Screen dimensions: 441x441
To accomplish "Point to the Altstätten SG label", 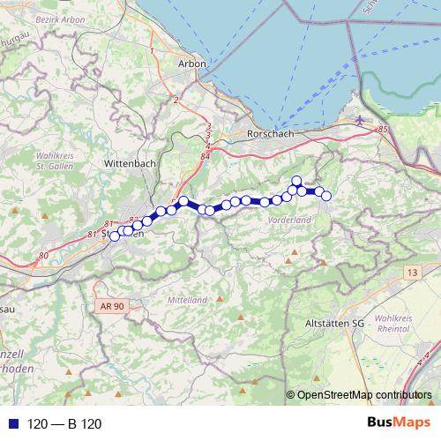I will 334,324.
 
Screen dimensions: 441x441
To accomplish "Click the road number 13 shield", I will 412,274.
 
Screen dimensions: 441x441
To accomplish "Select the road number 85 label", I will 382,131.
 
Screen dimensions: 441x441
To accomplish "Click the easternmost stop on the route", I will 326,196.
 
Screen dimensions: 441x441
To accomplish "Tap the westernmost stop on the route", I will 114,236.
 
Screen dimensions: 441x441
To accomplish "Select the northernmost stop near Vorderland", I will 297,181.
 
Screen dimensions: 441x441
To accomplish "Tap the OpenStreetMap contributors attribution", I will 363,395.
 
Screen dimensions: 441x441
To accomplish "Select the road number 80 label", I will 43,256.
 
